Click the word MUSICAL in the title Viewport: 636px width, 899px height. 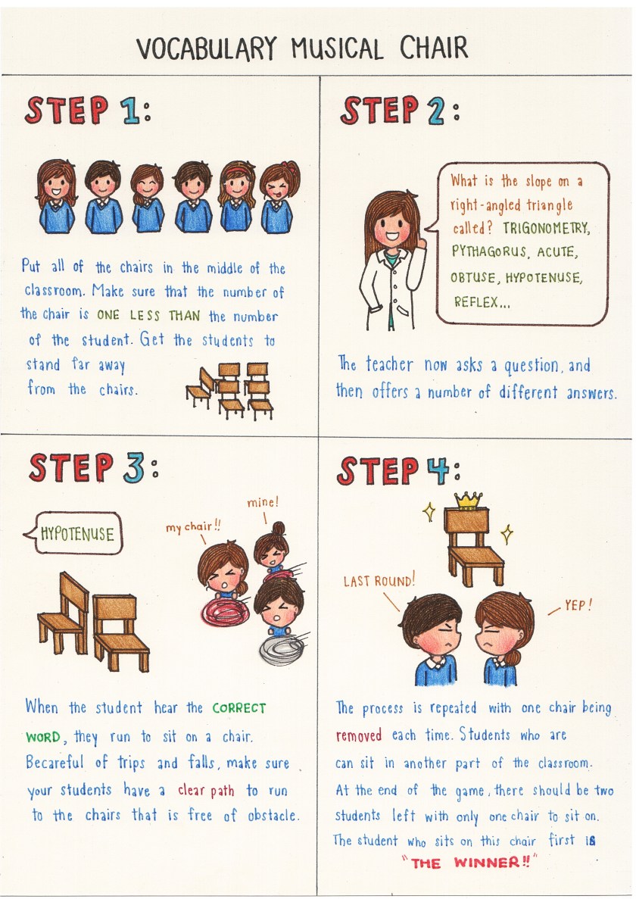point(338,48)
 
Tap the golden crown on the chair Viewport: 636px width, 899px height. point(469,500)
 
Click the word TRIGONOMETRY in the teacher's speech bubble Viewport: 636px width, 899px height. point(546,228)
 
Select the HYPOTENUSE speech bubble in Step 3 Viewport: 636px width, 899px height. point(74,534)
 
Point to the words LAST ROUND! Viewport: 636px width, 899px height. point(379,581)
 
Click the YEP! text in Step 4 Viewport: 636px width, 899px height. point(578,605)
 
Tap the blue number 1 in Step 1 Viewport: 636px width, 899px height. point(131,111)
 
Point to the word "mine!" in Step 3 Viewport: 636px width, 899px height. point(263,503)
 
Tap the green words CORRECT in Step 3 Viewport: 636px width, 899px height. point(239,708)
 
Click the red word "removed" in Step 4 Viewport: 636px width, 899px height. point(359,735)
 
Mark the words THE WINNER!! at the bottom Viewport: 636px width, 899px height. point(469,863)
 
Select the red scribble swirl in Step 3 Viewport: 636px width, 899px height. point(225,611)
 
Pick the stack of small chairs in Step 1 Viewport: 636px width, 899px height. point(230,391)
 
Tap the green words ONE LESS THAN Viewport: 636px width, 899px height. point(148,315)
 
